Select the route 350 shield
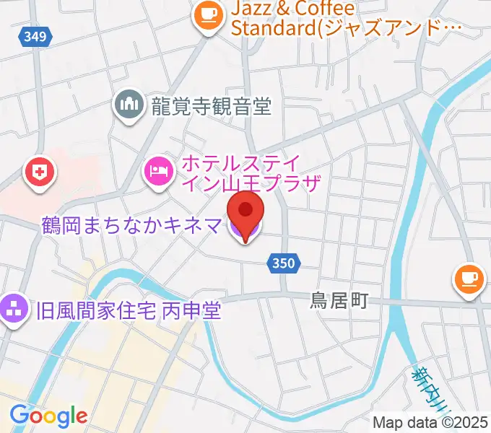(x=284, y=263)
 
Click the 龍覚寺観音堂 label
(x=212, y=107)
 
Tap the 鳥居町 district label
(x=339, y=300)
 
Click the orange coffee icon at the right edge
(x=469, y=278)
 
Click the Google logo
(x=48, y=415)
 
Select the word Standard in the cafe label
(x=274, y=29)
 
